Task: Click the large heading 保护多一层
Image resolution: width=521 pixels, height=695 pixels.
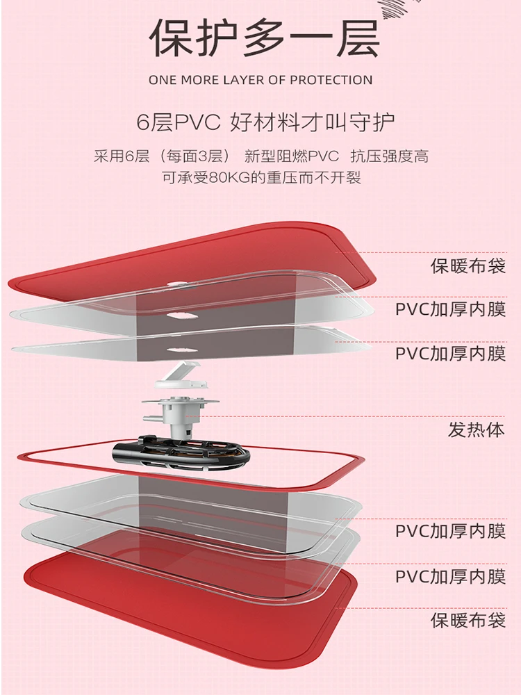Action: [265, 38]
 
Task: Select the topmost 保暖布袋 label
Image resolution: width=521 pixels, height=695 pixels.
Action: [468, 265]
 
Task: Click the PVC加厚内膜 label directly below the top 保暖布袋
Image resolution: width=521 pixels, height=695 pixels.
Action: [450, 309]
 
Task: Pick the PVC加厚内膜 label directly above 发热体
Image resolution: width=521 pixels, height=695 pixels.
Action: [450, 353]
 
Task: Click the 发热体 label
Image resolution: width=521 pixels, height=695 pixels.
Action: [476, 430]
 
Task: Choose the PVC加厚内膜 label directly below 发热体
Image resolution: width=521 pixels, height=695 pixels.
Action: [450, 532]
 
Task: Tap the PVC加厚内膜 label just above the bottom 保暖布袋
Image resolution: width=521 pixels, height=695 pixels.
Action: [450, 576]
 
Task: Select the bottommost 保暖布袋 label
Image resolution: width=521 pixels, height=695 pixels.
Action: [468, 620]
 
